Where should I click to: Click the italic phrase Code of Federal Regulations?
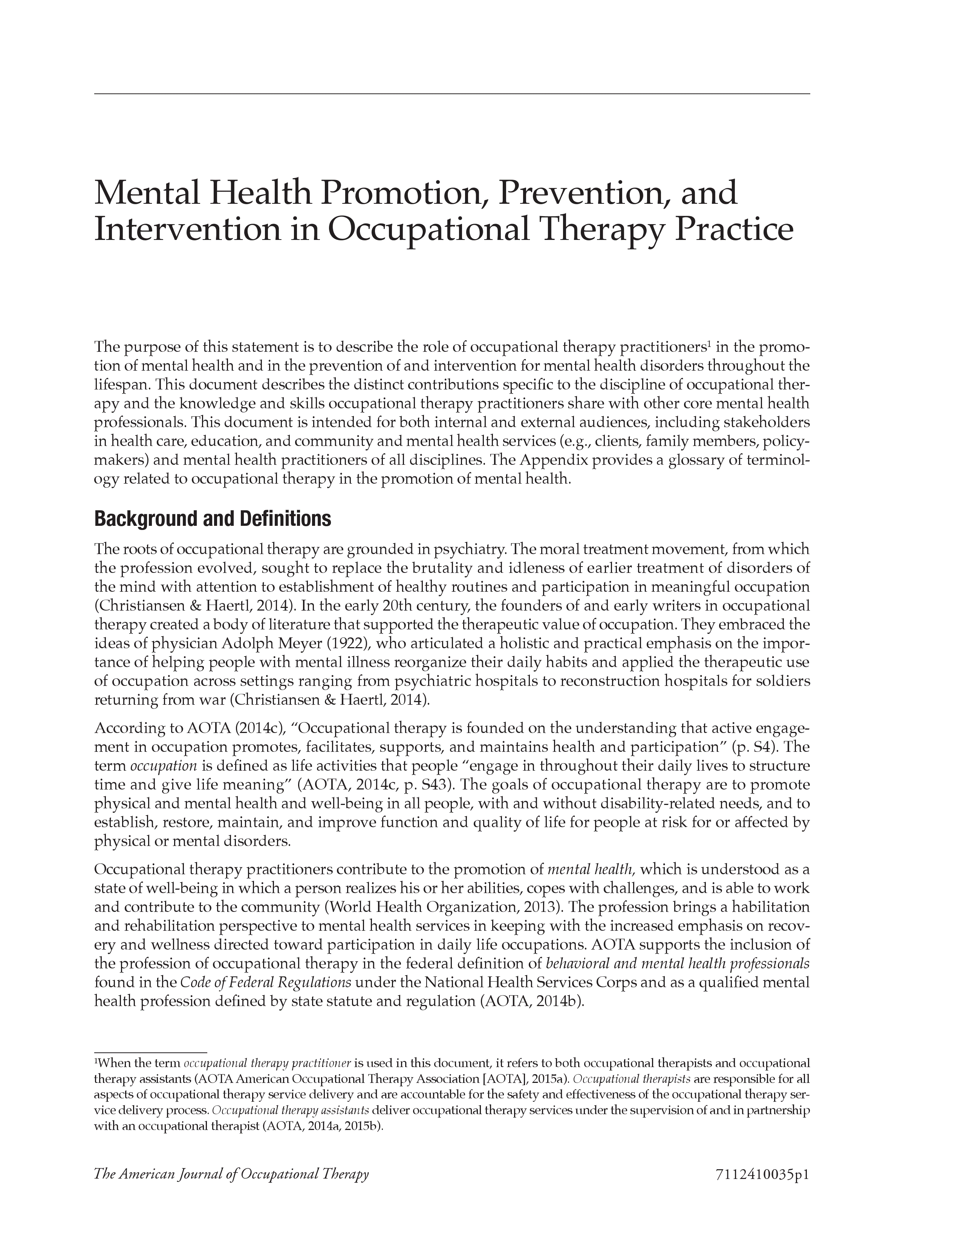pos(265,983)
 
